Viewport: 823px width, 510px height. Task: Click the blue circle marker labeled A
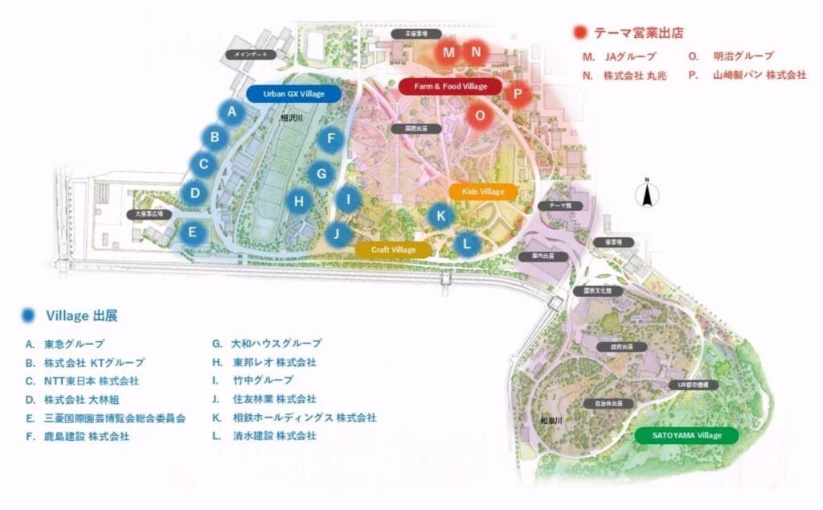tap(231, 113)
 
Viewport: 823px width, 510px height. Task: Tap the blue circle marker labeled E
tap(192, 233)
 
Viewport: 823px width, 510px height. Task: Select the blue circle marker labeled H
tap(299, 200)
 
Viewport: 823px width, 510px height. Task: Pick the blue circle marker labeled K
tap(440, 215)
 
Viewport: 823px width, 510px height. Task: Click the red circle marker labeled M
tap(448, 53)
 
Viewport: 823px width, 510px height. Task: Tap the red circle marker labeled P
tap(518, 93)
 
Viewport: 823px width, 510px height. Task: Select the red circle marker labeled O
tap(480, 115)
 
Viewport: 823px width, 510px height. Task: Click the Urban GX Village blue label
tap(294, 94)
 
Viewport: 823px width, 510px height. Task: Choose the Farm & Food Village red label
tap(450, 86)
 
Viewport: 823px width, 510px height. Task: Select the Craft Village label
tap(394, 250)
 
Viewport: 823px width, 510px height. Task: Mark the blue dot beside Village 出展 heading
tap(30, 315)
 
